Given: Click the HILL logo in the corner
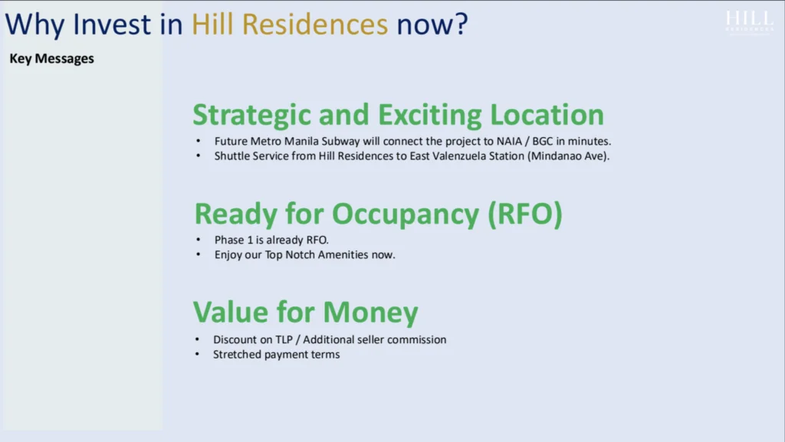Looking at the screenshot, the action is [x=750, y=22].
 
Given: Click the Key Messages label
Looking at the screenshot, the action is [x=51, y=58].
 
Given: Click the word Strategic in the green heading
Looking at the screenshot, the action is [x=251, y=116].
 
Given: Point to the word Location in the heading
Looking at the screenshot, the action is [x=547, y=114].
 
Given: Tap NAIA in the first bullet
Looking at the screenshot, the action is [x=509, y=142].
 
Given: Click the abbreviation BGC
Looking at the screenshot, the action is [x=542, y=142].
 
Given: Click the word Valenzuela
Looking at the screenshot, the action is [x=459, y=156].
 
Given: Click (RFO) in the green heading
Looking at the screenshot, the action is [x=525, y=214].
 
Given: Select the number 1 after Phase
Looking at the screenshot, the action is [x=251, y=240].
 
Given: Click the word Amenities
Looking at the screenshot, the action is [x=343, y=255].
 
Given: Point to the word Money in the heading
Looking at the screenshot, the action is [x=370, y=313].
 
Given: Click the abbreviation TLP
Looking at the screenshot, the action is [x=284, y=340].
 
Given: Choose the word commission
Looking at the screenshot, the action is [x=416, y=340].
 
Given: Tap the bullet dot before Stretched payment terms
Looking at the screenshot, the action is [x=197, y=355].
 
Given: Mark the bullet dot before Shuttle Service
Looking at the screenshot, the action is [x=199, y=156].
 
